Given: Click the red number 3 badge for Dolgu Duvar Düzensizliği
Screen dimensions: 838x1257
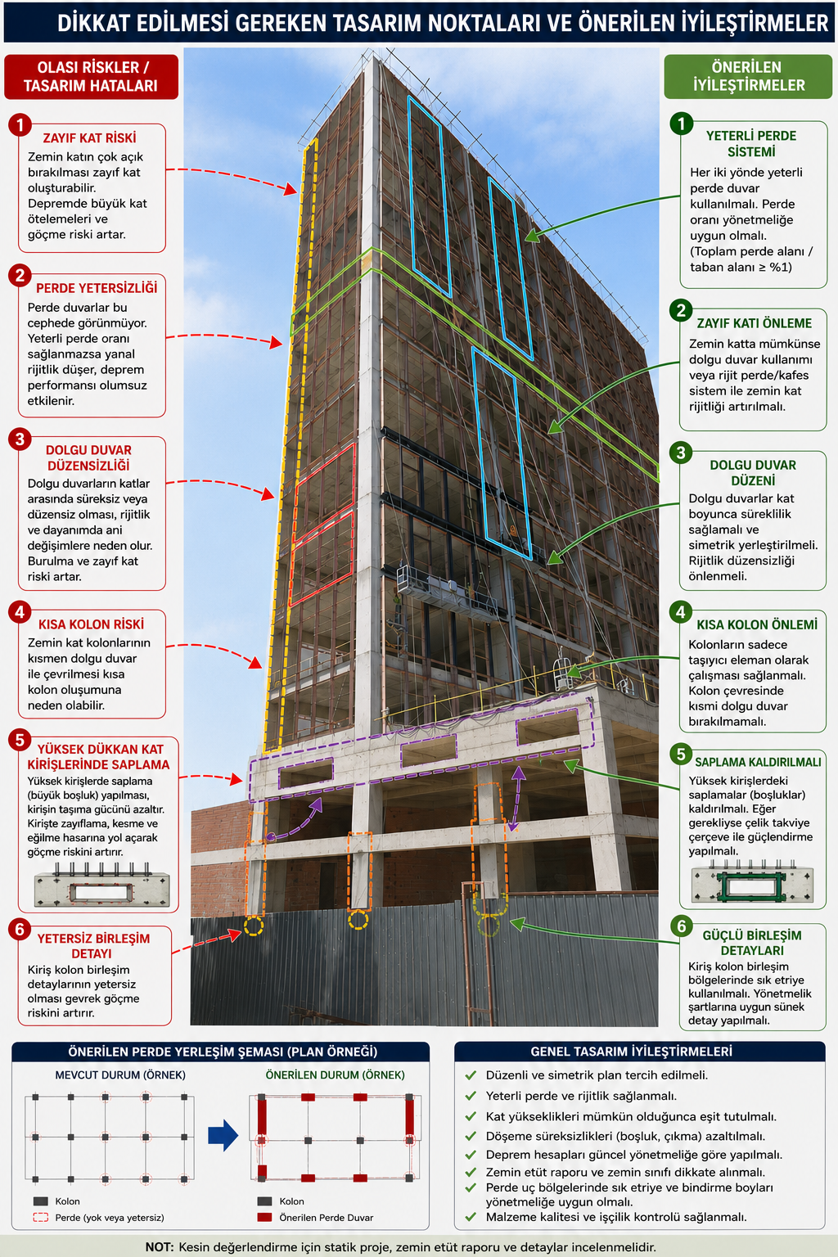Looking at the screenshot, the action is point(20,439).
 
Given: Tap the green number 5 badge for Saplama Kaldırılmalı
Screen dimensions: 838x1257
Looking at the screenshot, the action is point(682,755).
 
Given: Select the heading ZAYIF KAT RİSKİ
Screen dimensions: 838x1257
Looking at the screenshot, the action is point(90,138).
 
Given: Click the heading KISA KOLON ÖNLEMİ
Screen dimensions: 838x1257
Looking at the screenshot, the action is point(757,624).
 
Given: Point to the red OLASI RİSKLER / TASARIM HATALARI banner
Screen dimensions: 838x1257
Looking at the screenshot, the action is point(91,77).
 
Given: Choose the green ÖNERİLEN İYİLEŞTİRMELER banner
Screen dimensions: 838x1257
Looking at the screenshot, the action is point(748,76).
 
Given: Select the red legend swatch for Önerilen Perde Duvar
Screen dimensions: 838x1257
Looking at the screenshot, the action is point(264,1217).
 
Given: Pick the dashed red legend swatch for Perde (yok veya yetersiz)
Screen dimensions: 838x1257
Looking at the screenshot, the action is point(40,1217).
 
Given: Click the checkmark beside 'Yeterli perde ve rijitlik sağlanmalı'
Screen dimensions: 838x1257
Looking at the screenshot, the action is point(471,1096).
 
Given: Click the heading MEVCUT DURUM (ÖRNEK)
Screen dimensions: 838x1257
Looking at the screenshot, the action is point(120,1075).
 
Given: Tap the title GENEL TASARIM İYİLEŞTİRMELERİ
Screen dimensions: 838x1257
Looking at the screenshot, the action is point(631,1051).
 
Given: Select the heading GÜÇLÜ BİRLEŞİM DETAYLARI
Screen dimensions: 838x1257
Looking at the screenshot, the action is point(751,943).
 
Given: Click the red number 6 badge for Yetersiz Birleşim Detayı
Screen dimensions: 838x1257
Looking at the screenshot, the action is point(20,930).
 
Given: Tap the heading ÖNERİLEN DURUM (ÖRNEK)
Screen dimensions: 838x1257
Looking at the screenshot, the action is point(335,1075).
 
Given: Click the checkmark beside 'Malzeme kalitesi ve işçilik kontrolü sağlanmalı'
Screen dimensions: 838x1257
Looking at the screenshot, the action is point(471,1217).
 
